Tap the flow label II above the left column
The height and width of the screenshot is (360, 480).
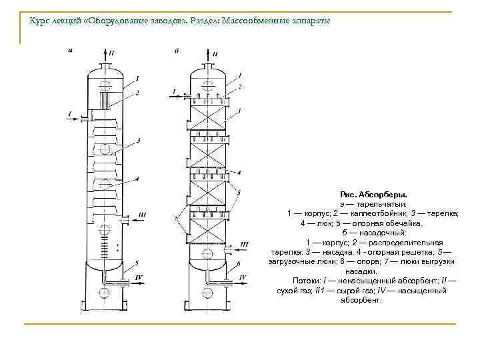pyautogui.click(x=111, y=51)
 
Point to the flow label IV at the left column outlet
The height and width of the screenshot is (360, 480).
pyautogui.click(x=139, y=276)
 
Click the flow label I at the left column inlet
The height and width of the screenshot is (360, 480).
pyautogui.click(x=69, y=115)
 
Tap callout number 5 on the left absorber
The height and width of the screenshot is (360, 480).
pyautogui.click(x=137, y=263)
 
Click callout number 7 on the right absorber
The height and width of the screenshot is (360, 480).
pyautogui.click(x=175, y=218)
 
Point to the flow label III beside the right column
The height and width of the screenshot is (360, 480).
pyautogui.click(x=244, y=245)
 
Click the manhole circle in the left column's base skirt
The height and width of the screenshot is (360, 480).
pyautogui.click(x=105, y=294)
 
